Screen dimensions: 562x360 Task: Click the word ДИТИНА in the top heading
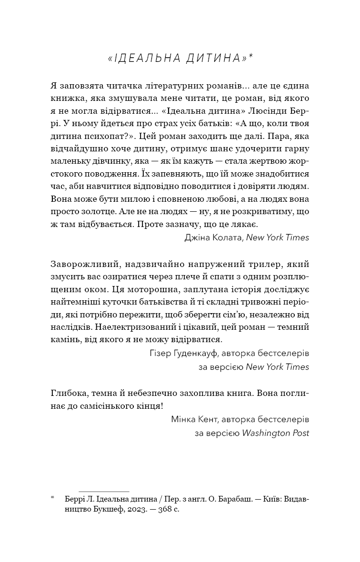point(216,58)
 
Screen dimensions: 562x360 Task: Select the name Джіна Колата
point(213,237)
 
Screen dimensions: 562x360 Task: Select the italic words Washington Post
point(276,433)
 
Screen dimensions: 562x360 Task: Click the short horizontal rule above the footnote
point(104,491)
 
